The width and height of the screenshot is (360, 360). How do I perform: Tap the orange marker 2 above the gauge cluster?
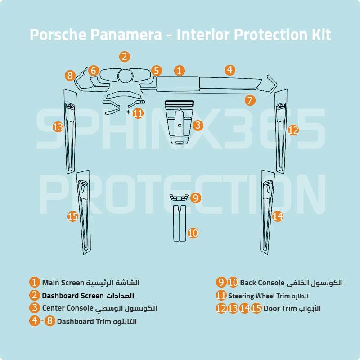125,57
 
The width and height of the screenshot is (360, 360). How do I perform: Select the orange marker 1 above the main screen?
179,71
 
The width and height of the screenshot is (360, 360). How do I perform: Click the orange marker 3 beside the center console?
198,126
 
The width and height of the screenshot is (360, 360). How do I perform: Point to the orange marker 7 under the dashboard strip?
250,100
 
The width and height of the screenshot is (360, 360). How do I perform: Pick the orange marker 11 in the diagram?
138,113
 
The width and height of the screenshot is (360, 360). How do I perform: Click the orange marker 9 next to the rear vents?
195,198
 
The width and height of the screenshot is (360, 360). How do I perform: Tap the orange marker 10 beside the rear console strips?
193,233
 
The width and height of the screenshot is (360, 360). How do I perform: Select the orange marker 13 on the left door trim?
58,127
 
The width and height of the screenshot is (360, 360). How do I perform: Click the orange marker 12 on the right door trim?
293,130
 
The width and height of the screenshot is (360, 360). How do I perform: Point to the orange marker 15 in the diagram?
73,216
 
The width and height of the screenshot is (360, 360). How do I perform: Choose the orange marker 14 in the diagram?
278,216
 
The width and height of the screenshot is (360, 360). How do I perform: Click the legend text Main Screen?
63,283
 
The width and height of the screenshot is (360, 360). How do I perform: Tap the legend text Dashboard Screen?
73,296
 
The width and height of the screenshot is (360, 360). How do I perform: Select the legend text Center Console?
67,308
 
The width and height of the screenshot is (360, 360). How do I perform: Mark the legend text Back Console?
262,283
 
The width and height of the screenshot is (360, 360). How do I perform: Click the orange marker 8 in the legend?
49,321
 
